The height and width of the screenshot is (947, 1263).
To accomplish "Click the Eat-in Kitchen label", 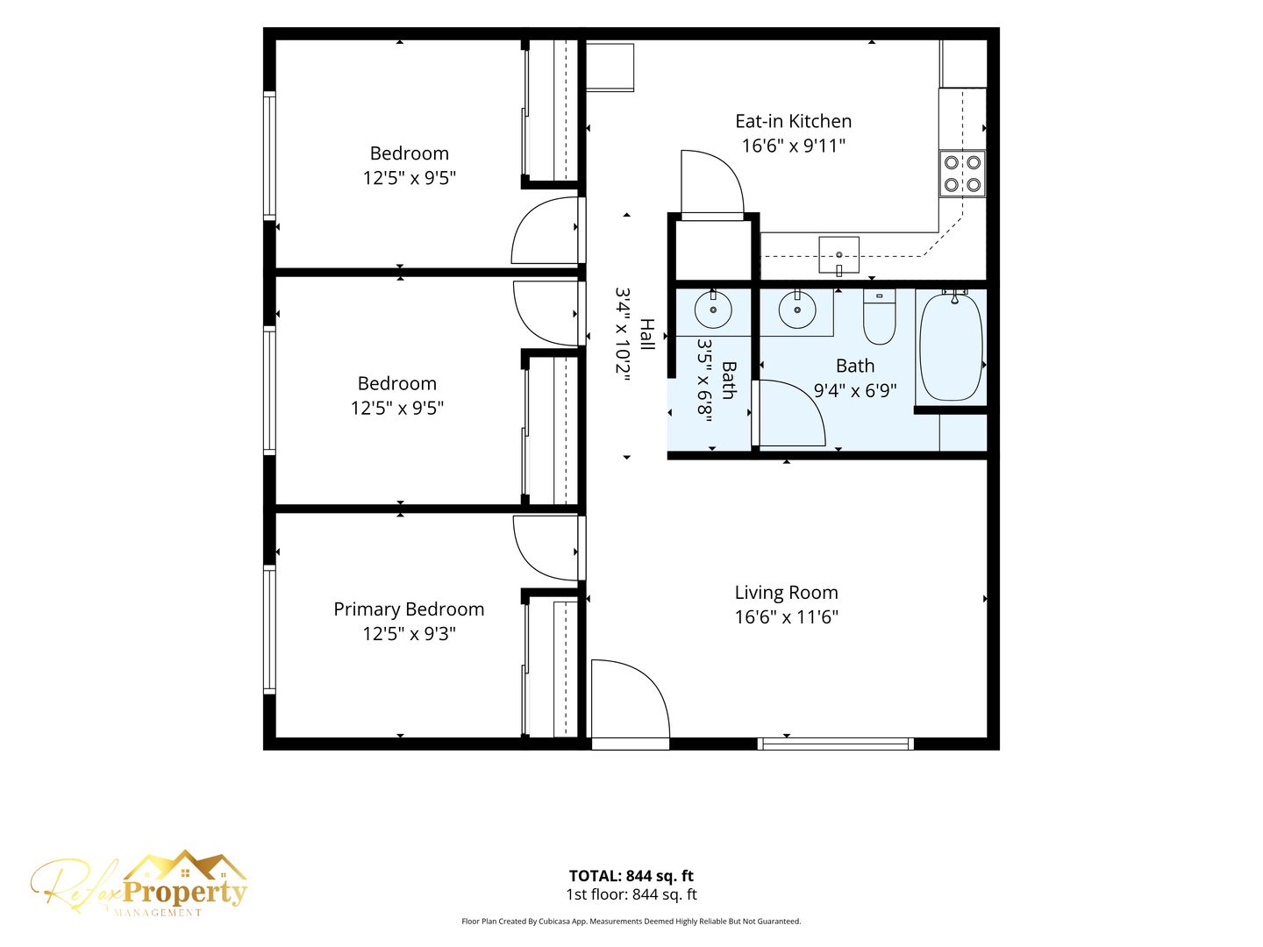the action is coord(793,121).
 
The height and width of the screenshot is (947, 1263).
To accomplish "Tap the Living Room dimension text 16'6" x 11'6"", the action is coord(786,617).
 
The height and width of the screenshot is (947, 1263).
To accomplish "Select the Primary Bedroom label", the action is coord(409,609).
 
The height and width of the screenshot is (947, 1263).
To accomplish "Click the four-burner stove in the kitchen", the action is coord(962,173).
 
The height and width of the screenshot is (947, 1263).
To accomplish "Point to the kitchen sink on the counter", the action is coord(839,254).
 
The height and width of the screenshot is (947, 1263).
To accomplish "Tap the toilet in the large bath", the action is coord(879,317).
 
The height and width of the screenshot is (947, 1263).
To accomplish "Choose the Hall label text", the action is coord(648,334).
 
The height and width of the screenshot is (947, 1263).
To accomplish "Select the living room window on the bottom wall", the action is coord(835,744).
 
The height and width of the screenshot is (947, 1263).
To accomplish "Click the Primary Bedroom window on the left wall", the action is coord(269,629).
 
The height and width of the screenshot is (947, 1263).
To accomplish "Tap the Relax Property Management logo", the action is coord(139,883).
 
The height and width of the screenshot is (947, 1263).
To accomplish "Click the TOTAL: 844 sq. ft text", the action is coord(631,876).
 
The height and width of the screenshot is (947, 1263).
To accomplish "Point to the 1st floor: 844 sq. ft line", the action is coord(631,894).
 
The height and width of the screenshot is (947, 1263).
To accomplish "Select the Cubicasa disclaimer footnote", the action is coord(631,921).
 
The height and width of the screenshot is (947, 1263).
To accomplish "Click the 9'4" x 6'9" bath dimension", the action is coord(855,391).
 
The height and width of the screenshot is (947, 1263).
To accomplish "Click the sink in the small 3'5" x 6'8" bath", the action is coord(713,310).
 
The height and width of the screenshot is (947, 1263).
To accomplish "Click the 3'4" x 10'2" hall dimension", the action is coord(624,338).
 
